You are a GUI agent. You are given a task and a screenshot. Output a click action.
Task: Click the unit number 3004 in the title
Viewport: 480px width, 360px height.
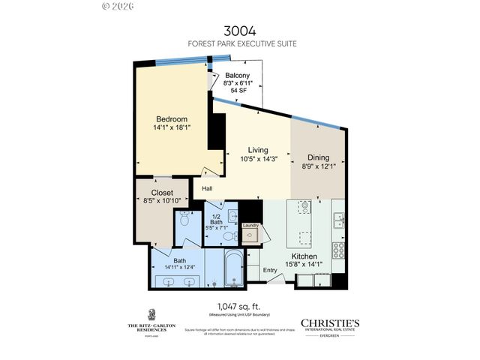pos(239,31)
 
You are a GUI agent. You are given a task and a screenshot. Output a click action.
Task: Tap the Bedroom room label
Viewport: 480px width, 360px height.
pos(171,119)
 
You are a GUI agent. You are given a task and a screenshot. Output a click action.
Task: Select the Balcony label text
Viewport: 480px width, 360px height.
pos(240,75)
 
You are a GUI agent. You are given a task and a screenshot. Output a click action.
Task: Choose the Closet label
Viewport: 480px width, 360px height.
pos(162,192)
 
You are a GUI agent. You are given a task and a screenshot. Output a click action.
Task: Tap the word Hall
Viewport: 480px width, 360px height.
pos(208,188)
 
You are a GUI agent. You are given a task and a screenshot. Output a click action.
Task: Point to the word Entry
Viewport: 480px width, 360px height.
pos(271,269)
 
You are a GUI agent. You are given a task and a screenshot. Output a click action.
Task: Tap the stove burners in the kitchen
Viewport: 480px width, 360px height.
pos(338,249)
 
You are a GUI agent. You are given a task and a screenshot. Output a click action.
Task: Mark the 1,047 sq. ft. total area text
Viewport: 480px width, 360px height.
pos(239,306)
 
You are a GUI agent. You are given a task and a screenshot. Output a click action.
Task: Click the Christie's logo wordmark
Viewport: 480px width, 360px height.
pos(330,323)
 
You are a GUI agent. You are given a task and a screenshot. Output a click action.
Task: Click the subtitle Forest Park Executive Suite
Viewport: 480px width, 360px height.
pos(239,44)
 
